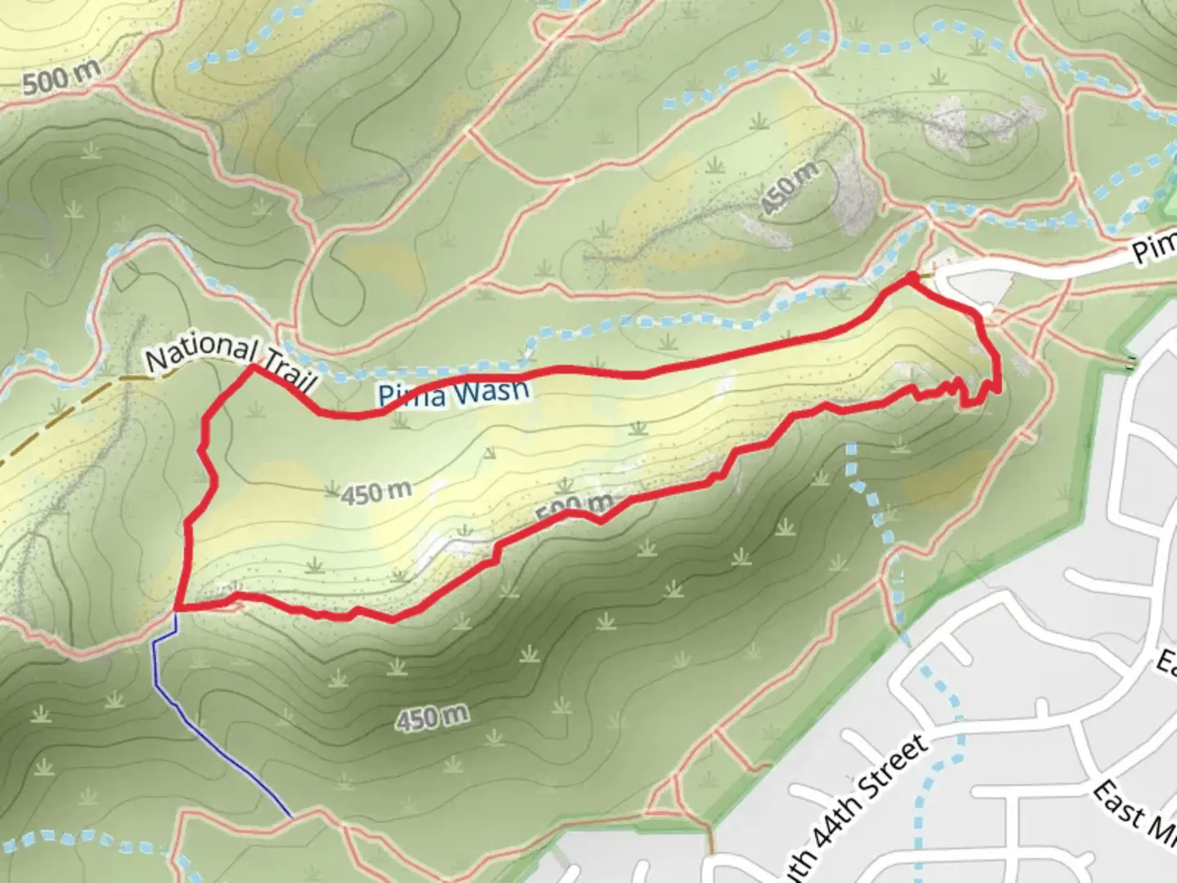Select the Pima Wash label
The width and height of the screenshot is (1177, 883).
tap(453, 394)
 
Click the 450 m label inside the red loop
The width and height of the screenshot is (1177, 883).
tap(376, 493)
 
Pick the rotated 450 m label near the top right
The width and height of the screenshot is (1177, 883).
tap(790, 188)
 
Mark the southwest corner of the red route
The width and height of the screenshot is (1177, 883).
tap(177, 608)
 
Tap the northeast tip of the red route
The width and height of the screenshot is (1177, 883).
tap(909, 279)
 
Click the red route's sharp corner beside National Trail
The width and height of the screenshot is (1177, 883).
tap(253, 368)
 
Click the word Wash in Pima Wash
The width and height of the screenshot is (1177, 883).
tap(489, 391)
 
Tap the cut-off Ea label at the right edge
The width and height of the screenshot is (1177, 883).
tap(1166, 662)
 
